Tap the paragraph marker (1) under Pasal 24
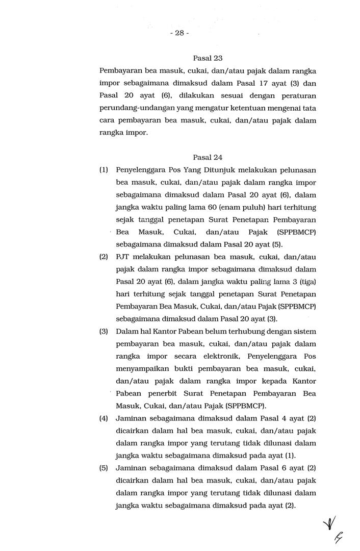point(104,170)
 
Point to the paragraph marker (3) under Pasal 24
point(104,331)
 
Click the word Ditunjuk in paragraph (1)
point(221,170)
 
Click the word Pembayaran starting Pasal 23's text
point(121,71)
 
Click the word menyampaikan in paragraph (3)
point(143,369)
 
